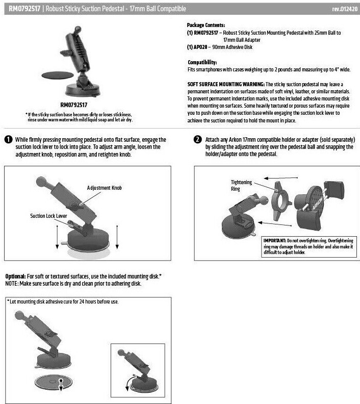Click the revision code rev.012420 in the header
click(x=345, y=9)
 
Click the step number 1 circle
click(x=9, y=140)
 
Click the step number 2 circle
click(x=197, y=140)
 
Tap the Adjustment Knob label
click(x=105, y=188)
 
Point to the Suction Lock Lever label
click(x=48, y=216)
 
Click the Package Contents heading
click(x=206, y=25)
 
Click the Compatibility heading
click(x=202, y=62)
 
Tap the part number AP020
click(x=200, y=47)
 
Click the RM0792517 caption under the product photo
click(x=74, y=105)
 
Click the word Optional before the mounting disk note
click(x=15, y=276)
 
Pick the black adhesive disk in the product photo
click(x=58, y=75)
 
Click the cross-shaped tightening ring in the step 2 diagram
click(x=280, y=201)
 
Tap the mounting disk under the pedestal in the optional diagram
click(x=54, y=382)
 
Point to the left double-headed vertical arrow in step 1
click(x=57, y=237)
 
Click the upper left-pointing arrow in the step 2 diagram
click(x=281, y=178)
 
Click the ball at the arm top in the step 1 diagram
click(x=41, y=182)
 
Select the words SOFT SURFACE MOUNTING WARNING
click(x=226, y=84)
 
